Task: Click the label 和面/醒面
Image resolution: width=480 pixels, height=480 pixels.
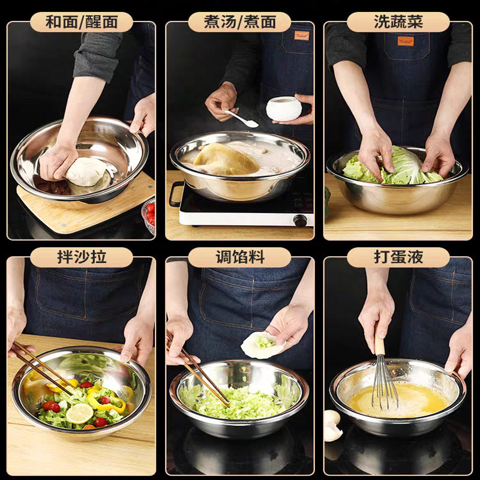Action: coord(81,22)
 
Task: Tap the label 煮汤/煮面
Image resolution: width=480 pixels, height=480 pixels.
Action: coord(239,22)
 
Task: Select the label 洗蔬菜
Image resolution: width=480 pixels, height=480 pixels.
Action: coord(398,22)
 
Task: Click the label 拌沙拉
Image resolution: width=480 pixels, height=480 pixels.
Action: coord(81,257)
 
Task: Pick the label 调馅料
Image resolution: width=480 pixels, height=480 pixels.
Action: coord(239,257)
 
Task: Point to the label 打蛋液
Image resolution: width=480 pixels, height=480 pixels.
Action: coord(398,257)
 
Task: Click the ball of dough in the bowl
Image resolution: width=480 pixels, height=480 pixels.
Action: coord(87,171)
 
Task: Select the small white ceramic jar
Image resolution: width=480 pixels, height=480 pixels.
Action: coord(284,108)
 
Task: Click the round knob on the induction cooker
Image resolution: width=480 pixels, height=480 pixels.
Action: coord(301,220)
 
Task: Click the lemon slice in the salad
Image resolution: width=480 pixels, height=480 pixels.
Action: coord(80,413)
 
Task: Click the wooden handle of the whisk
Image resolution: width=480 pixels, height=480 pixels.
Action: coord(379,340)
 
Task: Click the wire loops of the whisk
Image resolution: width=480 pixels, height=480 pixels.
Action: coord(384,384)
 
